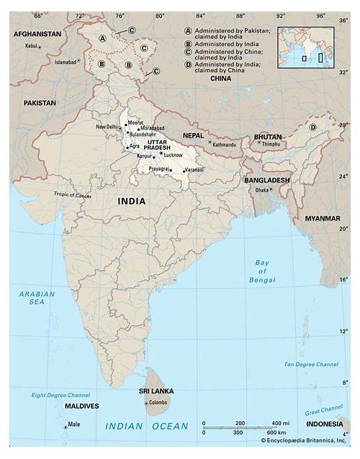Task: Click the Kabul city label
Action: [x=30, y=46]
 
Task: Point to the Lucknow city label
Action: [x=173, y=155]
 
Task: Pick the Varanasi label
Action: [x=195, y=170]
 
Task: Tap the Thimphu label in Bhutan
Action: [x=271, y=144]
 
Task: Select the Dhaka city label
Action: [x=261, y=190]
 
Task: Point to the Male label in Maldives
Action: [x=74, y=425]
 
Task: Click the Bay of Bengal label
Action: [x=262, y=271]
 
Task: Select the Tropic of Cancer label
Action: [x=73, y=195]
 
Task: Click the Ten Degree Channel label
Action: [x=310, y=365]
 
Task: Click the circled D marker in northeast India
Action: [x=312, y=128]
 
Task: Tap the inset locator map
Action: [x=306, y=48]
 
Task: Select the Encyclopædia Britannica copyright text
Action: [x=303, y=440]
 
